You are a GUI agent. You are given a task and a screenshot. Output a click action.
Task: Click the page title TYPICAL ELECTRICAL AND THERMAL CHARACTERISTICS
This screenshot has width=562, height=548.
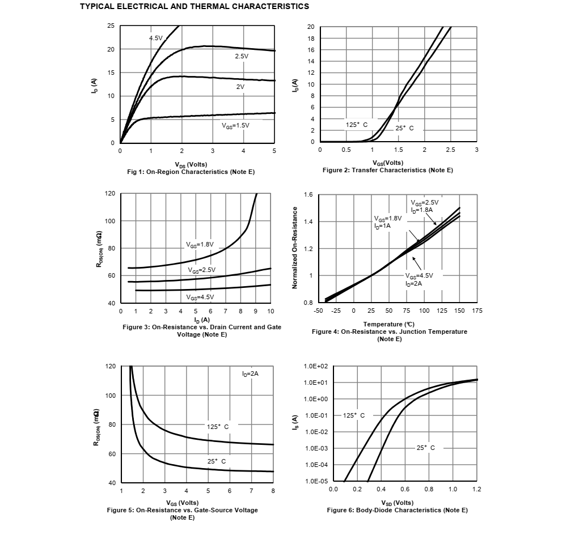[195, 7]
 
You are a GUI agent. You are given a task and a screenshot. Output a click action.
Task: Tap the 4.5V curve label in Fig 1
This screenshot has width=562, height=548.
[155, 38]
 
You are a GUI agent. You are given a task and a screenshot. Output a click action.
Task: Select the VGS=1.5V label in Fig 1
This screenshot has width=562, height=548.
[235, 125]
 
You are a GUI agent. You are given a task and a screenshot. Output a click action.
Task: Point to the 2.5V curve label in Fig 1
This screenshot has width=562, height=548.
[242, 57]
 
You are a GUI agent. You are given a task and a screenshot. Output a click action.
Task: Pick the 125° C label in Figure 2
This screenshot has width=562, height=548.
[357, 124]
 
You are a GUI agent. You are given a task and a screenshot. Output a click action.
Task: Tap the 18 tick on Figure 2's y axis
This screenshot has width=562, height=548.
[311, 39]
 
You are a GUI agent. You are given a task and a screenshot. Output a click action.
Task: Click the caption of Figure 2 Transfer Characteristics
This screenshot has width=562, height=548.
[388, 170]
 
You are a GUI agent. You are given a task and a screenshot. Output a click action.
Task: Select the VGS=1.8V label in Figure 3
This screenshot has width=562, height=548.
[200, 245]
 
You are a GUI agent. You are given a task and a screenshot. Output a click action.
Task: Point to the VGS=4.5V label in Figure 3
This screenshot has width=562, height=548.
[200, 297]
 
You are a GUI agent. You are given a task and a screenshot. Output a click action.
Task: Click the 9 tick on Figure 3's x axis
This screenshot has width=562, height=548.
[256, 311]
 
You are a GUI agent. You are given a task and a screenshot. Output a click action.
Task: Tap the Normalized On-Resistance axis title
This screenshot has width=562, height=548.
[294, 248]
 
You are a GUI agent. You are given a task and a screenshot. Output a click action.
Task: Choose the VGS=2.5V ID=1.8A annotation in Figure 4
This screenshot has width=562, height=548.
[425, 206]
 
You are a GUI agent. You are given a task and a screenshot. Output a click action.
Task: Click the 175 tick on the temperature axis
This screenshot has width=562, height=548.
[477, 311]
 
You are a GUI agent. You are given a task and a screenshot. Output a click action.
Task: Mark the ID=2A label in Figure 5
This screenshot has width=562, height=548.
[250, 374]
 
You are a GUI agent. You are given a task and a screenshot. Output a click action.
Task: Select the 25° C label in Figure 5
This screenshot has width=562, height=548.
[216, 461]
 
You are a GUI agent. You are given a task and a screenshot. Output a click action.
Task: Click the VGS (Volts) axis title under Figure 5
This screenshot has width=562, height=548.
[182, 503]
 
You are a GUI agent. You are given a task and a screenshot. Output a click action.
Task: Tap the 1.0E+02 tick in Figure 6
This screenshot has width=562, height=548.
[316, 366]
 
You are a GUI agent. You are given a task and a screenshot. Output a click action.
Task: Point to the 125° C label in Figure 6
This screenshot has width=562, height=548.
[354, 415]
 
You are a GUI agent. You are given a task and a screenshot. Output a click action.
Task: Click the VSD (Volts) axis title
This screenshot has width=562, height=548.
[397, 503]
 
